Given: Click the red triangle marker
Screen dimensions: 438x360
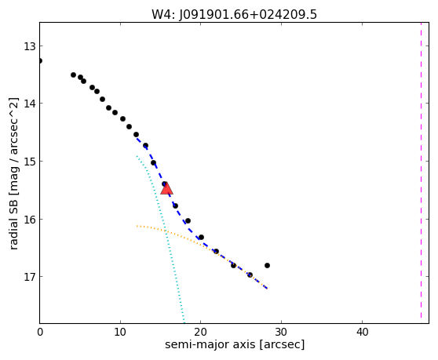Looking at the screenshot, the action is pos(166,189).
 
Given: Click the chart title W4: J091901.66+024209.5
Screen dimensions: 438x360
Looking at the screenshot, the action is pos(234,15).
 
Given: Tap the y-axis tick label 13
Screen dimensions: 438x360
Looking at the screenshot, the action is pos(30,46).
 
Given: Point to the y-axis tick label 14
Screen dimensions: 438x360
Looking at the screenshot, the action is pos(30,104).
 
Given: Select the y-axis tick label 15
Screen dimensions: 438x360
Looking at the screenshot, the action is pos(30,162).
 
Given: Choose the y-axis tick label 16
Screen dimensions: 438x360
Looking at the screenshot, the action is pos(30,220).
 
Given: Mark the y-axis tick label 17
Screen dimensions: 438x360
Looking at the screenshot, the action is pos(30,277).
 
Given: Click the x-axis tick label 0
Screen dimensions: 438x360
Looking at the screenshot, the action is pos(40,332).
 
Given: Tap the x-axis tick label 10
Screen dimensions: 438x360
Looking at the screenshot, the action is pos(120,332).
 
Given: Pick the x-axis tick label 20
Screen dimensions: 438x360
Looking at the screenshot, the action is pos(201,332).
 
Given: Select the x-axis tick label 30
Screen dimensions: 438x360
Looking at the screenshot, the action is pos(281,332).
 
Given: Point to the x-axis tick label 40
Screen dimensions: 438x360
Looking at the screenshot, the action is pos(362,332).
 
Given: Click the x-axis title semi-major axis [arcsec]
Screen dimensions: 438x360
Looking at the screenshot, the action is pos(235,344).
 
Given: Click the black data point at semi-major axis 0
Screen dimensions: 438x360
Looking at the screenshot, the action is pos(40,61).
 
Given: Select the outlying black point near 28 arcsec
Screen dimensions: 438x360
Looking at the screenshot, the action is pos(268,265).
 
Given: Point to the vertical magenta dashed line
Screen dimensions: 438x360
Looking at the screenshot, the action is pos(421,170).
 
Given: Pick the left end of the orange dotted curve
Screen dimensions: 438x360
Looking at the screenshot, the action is pos(137,226).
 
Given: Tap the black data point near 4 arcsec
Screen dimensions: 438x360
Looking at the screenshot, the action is pos(74,75).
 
